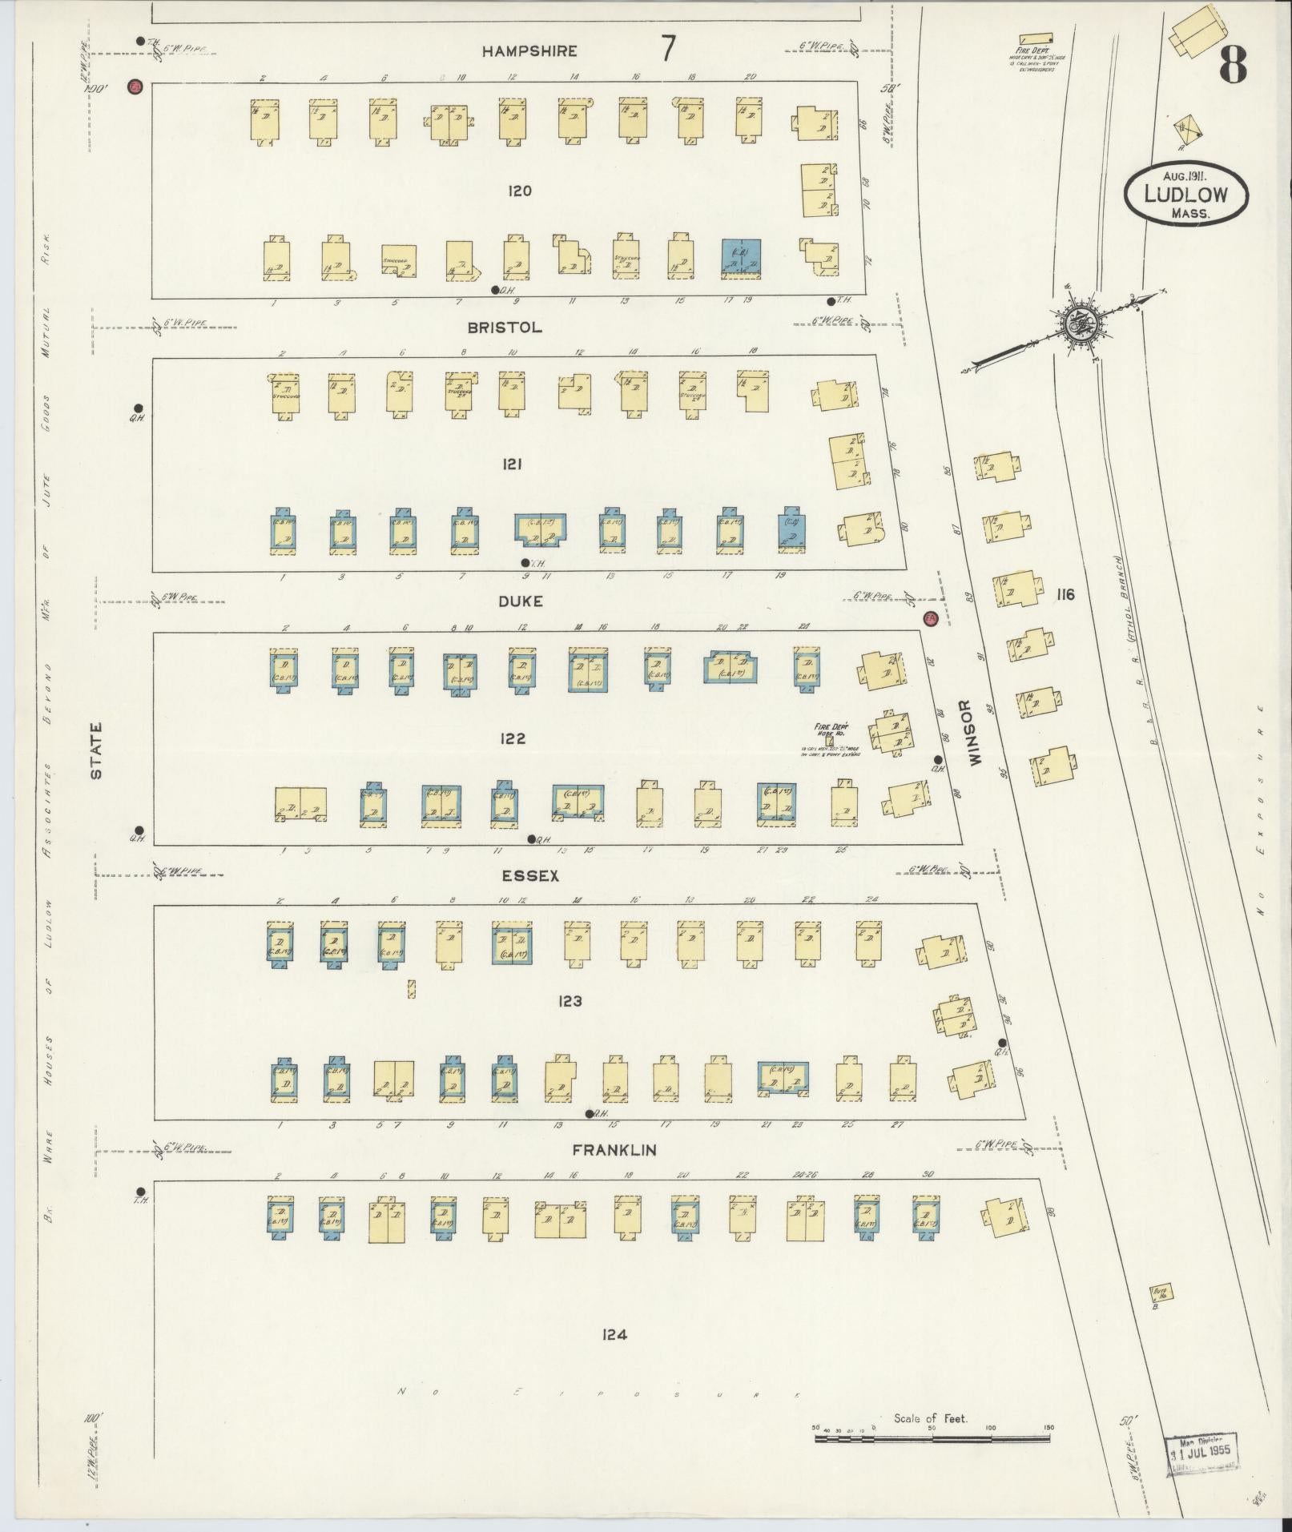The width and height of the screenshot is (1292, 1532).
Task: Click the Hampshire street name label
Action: [529, 51]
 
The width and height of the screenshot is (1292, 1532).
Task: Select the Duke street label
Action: [520, 601]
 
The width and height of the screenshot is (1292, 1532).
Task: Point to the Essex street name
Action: [530, 876]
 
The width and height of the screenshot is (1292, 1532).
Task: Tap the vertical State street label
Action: [97, 751]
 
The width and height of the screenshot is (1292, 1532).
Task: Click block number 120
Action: [520, 191]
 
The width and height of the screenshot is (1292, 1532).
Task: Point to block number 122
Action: [512, 738]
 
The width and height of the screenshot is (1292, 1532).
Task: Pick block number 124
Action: [614, 1334]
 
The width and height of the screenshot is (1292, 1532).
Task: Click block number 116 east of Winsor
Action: [1065, 594]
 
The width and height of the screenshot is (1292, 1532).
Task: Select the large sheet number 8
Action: [1234, 66]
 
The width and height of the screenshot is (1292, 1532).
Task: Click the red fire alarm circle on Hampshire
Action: [135, 86]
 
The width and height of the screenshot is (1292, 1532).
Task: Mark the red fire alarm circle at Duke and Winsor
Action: [930, 618]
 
